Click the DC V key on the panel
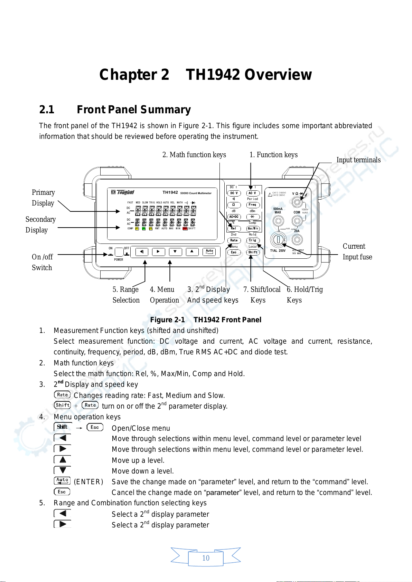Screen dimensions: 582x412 (234, 193)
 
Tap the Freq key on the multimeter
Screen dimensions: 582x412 (253, 205)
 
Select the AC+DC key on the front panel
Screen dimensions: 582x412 (234, 217)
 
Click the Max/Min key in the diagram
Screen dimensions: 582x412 (253, 228)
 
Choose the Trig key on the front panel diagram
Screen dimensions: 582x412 (253, 240)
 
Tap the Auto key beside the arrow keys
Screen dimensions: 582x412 (209, 251)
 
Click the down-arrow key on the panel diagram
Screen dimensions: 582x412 (175, 252)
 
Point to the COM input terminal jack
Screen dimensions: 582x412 (297, 221)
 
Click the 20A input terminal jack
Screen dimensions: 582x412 (297, 239)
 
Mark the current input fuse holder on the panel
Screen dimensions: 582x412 (278, 239)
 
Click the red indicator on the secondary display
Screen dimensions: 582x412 (185, 229)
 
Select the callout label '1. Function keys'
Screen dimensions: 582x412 (273, 155)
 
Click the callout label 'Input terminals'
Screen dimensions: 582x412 (358, 160)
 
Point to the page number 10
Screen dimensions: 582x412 (206, 558)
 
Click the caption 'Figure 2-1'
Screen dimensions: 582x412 (167, 320)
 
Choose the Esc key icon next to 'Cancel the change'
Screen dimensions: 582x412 (62, 492)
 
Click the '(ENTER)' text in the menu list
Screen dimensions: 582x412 (88, 482)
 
